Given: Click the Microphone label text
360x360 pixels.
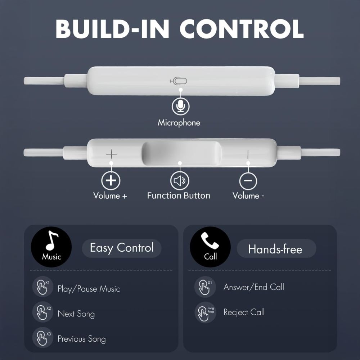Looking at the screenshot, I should tap(179, 123).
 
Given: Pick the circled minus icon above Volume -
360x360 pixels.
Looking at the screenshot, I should tap(248, 181).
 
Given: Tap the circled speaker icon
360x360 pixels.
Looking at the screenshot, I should tap(179, 181).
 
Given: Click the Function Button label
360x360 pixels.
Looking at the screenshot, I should tap(179, 196).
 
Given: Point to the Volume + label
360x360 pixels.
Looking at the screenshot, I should tap(110, 196).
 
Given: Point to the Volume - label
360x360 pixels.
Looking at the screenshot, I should tap(248, 196).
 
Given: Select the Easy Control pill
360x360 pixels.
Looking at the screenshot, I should tap(122, 248).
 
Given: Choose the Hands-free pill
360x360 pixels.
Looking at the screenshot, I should tap(275, 249).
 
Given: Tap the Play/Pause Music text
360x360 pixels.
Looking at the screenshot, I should tap(89, 289).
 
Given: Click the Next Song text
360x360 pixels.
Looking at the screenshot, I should tap(76, 314).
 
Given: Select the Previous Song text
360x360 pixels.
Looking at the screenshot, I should tap(82, 339).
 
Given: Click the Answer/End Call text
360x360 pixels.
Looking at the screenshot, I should tap(254, 287).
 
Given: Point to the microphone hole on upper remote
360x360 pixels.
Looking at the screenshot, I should tap(179, 81).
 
